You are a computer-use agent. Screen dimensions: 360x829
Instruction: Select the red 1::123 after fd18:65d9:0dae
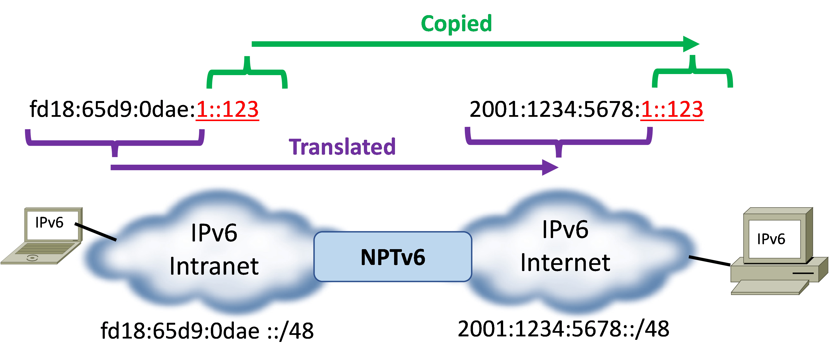227,110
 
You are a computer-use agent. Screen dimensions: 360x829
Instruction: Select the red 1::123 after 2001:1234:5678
672,110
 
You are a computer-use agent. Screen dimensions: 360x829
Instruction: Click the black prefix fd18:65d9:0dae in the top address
112,110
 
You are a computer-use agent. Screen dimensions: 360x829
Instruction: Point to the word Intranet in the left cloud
214,267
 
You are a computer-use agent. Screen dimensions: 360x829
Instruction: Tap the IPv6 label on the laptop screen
49,223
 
